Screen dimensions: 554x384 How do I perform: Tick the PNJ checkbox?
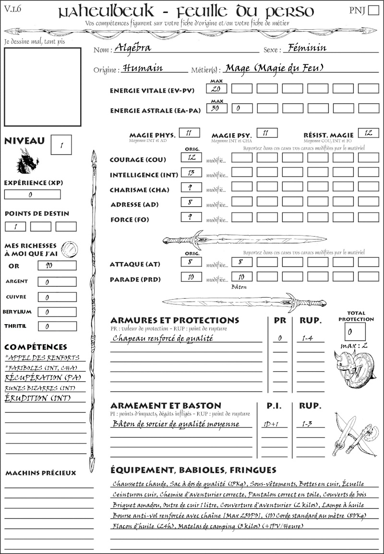[x=373, y=11]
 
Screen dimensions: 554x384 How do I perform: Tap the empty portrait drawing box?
[x=43, y=87]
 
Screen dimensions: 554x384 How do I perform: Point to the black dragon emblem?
[x=27, y=161]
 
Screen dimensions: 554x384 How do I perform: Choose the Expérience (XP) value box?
[x=32, y=195]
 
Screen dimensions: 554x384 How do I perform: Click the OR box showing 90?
[x=57, y=265]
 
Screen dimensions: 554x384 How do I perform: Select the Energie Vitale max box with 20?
[x=216, y=88]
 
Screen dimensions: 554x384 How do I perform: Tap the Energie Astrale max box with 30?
[x=216, y=108]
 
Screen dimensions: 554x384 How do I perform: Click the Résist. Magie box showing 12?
[x=368, y=133]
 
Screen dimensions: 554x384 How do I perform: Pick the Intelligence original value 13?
[x=191, y=172]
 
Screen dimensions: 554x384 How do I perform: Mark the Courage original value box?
[x=191, y=157]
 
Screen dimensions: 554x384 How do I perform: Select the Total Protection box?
[x=355, y=331]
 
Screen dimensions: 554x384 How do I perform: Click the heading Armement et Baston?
[x=166, y=405]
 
